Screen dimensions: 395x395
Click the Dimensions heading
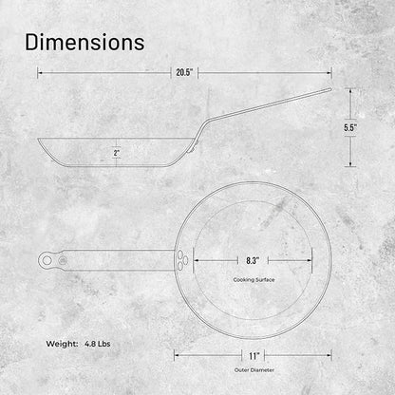click(85, 43)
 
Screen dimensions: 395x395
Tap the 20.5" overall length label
click(184, 72)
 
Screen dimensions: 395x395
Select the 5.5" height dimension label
click(350, 127)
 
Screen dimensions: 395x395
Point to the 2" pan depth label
click(117, 153)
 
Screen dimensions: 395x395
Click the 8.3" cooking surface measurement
click(253, 260)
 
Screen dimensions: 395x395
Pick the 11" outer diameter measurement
click(254, 356)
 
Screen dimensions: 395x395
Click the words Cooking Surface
click(254, 280)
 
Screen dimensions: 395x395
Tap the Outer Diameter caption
click(254, 370)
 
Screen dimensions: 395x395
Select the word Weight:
click(62, 344)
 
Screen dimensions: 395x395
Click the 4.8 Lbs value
click(98, 344)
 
